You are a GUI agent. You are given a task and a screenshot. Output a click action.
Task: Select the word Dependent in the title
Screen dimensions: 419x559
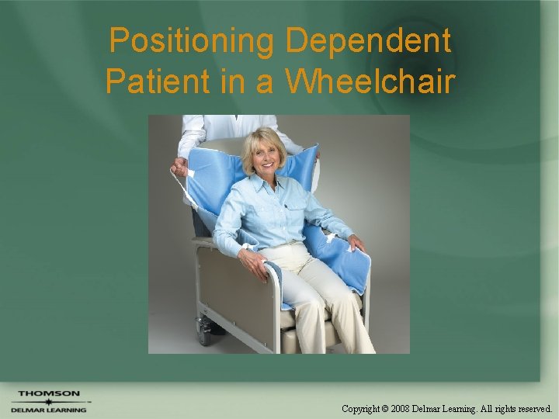(x=368, y=41)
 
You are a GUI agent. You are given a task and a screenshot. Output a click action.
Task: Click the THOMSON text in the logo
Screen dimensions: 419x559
(x=49, y=394)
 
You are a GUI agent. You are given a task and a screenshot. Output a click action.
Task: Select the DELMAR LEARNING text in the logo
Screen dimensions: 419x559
(x=49, y=410)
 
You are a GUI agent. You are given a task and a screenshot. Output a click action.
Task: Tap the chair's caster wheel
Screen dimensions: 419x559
(x=203, y=332)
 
